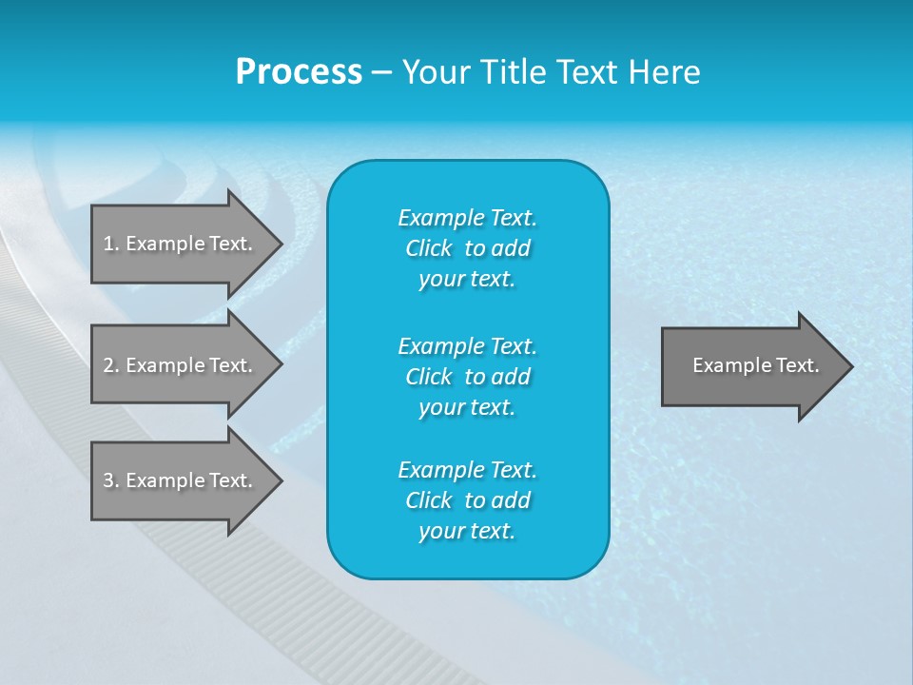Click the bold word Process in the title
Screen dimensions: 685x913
[x=299, y=72]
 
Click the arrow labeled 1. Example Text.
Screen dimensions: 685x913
[x=181, y=244]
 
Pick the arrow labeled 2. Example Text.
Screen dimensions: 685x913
[x=181, y=365]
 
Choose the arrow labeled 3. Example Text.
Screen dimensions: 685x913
[x=181, y=480]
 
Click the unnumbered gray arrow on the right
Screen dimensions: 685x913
[x=751, y=366]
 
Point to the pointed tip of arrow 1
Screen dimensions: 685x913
[x=280, y=244]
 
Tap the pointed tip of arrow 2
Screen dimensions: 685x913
[x=280, y=365]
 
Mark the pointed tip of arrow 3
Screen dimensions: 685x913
[x=280, y=480]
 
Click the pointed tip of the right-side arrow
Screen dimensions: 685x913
[x=850, y=366]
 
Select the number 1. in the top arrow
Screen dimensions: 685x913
[x=111, y=244]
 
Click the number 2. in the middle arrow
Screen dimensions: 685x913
[x=111, y=365]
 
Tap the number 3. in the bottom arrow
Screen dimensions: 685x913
[x=111, y=480]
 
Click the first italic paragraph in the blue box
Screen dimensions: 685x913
[x=467, y=248]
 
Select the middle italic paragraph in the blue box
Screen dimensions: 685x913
[x=467, y=377]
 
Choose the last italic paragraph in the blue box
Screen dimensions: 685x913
[x=467, y=500]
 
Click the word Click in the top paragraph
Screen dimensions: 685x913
[x=428, y=249]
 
